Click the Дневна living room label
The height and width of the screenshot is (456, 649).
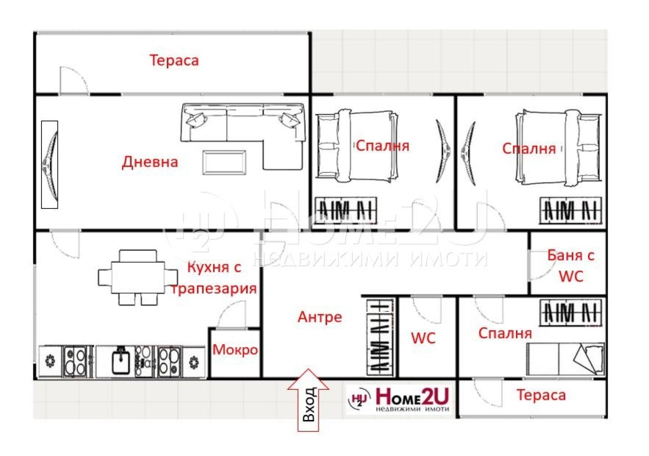(x=150, y=162)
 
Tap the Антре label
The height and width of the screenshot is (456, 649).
(x=320, y=317)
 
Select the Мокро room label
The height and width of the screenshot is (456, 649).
(x=235, y=350)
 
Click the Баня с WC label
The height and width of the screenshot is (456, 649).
(x=571, y=265)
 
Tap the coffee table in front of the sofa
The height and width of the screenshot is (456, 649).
(x=225, y=162)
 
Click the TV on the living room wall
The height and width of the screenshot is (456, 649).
(x=50, y=165)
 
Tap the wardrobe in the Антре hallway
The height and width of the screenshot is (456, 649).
(x=380, y=337)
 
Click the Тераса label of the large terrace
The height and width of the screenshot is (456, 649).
(x=174, y=60)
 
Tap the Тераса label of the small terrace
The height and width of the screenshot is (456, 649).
(x=541, y=395)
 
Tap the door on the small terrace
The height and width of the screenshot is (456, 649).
(x=487, y=392)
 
